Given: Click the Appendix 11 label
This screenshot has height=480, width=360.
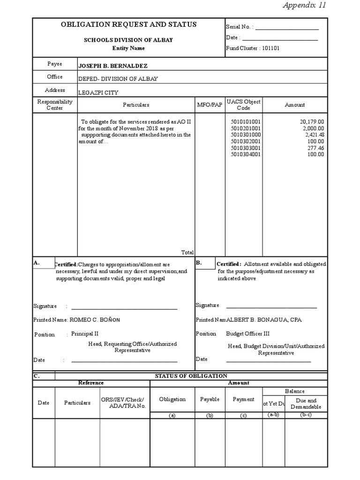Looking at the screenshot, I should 304,6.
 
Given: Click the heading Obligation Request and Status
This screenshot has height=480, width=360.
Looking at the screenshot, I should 128,24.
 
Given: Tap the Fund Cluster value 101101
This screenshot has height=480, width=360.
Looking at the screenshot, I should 271,48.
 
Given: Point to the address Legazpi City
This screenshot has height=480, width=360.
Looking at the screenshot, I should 98,92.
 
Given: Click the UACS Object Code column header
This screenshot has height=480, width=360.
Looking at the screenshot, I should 243,105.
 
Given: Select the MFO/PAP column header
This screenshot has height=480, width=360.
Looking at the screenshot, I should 210,105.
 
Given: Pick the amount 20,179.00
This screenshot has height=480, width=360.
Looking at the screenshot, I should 312,121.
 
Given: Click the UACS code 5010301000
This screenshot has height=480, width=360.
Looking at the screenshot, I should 246,135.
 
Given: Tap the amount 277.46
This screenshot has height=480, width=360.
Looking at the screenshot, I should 315,148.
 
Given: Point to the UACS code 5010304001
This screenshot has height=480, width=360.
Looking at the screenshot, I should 246,154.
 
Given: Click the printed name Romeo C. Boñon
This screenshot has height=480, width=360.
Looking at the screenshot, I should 95,320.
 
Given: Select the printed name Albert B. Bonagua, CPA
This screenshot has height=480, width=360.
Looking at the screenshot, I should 264,320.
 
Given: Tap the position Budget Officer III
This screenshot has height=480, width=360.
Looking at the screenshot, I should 247,334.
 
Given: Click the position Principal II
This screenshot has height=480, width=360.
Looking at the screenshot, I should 85,334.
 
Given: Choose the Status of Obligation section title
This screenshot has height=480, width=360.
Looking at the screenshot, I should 191,375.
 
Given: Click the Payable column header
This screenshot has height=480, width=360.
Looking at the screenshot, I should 210,399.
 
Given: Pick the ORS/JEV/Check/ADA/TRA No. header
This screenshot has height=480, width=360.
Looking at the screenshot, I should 124,403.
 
